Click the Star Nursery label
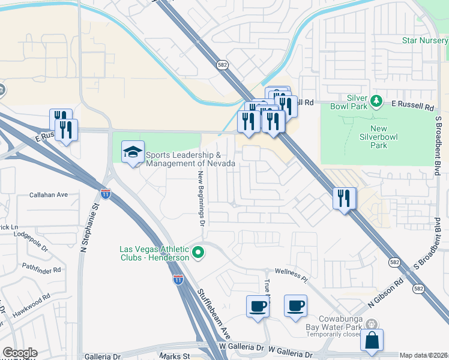(x=425, y=41)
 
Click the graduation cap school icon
(x=133, y=152)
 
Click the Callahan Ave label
(x=49, y=195)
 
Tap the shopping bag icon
(x=372, y=340)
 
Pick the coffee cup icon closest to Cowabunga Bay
(x=295, y=306)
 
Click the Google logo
(x=19, y=353)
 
